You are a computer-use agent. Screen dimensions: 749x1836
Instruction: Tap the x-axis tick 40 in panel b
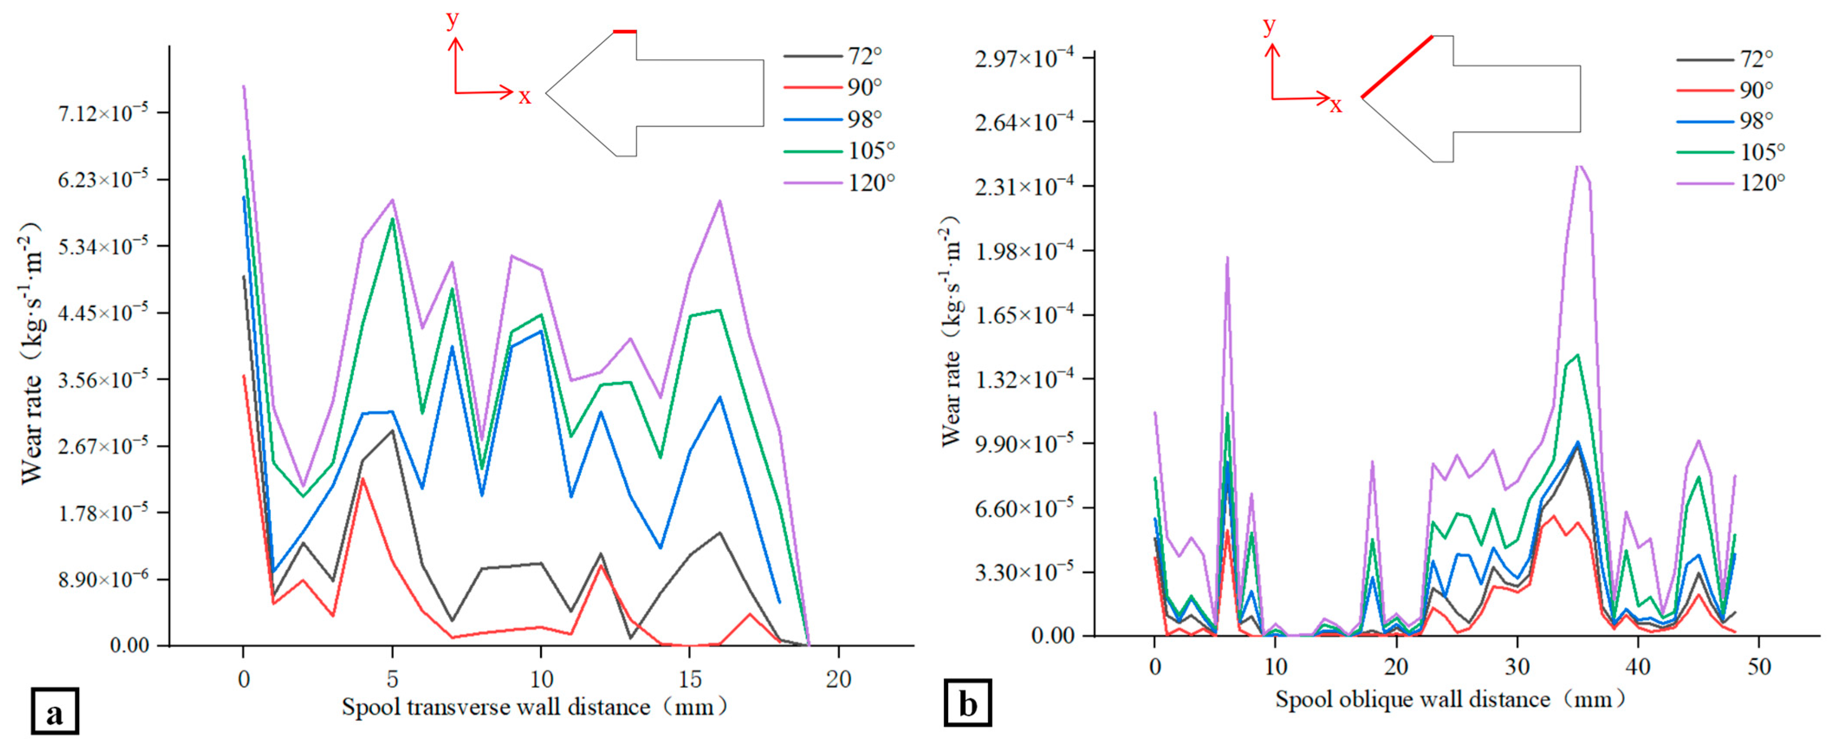point(1638,667)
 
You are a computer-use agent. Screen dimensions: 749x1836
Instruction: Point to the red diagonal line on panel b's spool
point(1397,65)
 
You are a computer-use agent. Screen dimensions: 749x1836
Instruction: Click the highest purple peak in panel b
point(1580,165)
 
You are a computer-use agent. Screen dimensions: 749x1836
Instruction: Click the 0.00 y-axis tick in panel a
point(129,645)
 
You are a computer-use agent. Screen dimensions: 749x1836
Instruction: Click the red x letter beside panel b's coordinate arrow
point(1336,105)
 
